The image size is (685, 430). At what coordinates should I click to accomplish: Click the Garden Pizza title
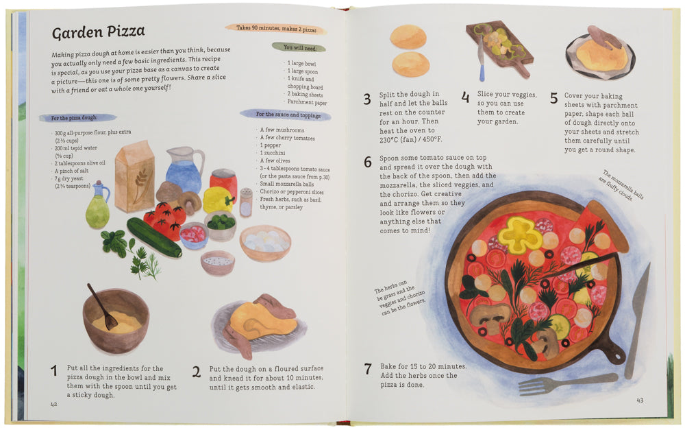(x=98, y=32)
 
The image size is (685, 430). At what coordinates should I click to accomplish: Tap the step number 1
(x=53, y=371)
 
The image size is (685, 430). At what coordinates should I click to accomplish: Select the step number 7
(x=368, y=369)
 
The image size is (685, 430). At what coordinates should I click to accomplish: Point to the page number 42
(x=53, y=404)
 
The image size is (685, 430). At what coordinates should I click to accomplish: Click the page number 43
(x=640, y=400)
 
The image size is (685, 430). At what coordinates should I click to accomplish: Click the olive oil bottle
(x=98, y=205)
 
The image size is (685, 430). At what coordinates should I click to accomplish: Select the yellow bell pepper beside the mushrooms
(x=219, y=200)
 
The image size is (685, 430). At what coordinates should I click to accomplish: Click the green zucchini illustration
(x=154, y=237)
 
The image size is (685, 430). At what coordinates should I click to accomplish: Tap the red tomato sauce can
(x=223, y=182)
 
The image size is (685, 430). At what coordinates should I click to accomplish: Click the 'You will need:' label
(x=299, y=47)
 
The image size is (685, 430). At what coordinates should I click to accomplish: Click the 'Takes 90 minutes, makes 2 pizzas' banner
(x=276, y=29)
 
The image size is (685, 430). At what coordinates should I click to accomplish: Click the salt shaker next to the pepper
(x=246, y=202)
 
